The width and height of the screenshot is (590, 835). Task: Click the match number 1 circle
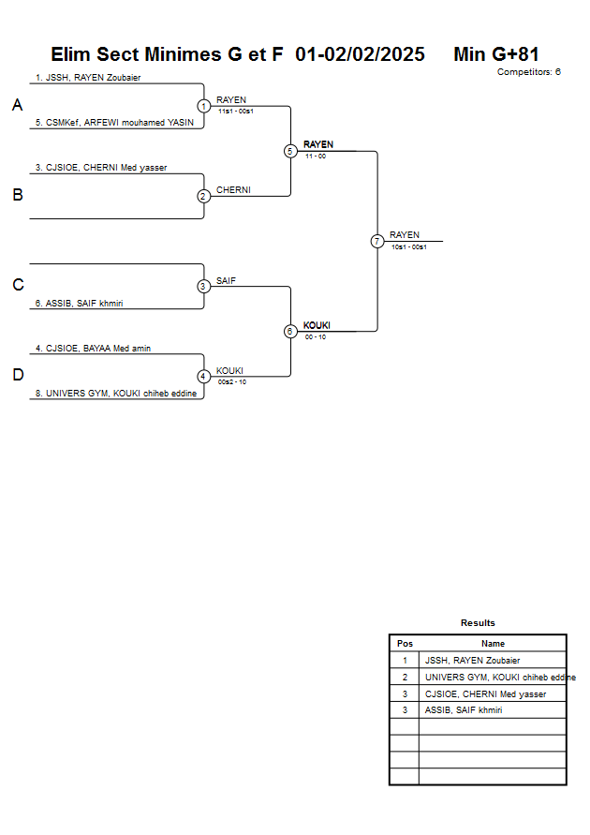pyautogui.click(x=203, y=106)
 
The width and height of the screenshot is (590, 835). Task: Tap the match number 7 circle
pyautogui.click(x=377, y=241)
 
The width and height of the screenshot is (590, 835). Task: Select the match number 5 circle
pyautogui.click(x=290, y=151)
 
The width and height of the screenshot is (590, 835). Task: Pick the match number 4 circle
pyautogui.click(x=203, y=377)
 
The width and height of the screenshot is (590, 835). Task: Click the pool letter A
pyautogui.click(x=17, y=106)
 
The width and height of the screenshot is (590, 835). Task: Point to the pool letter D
pyautogui.click(x=17, y=376)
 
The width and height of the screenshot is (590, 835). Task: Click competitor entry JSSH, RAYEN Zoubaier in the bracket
pyautogui.click(x=88, y=78)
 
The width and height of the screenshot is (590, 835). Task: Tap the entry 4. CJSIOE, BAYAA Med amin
pyautogui.click(x=93, y=349)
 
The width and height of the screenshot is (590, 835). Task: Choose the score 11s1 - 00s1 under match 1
pyautogui.click(x=235, y=112)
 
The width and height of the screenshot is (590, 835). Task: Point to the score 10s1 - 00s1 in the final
pyautogui.click(x=408, y=246)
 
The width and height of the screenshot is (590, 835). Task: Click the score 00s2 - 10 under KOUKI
pyautogui.click(x=232, y=382)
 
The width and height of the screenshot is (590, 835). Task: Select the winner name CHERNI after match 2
pyautogui.click(x=233, y=190)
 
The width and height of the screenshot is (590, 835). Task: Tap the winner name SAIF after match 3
pyautogui.click(x=226, y=280)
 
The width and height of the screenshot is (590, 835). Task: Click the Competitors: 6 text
pyautogui.click(x=528, y=72)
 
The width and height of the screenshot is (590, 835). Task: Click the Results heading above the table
pyautogui.click(x=478, y=623)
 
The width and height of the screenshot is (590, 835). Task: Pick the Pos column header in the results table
pyautogui.click(x=405, y=644)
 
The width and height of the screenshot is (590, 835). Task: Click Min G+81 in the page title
pyautogui.click(x=495, y=54)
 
